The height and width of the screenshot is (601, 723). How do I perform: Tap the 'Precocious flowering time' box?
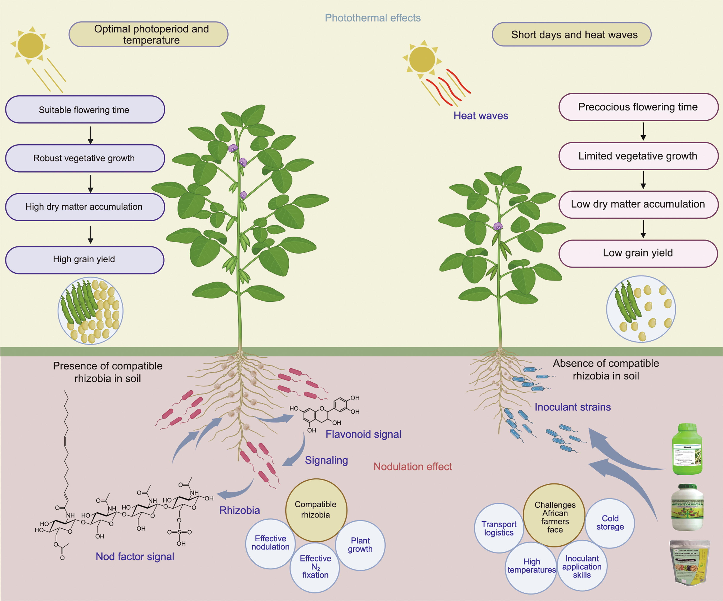click(x=638, y=107)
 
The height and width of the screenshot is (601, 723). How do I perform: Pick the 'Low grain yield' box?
click(x=638, y=253)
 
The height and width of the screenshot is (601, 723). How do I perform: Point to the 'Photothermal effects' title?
click(x=373, y=18)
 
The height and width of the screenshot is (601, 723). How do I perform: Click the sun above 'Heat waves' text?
click(x=422, y=59)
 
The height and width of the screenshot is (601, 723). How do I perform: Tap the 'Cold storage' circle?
click(x=610, y=523)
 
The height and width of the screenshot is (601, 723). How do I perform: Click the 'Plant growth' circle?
click(x=360, y=545)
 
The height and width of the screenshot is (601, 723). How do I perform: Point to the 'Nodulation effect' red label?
click(x=412, y=467)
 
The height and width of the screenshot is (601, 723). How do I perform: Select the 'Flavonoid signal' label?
click(x=363, y=434)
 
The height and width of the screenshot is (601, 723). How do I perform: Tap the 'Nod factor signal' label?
click(x=135, y=557)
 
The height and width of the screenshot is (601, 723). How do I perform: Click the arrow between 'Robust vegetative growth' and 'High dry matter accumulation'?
click(x=91, y=183)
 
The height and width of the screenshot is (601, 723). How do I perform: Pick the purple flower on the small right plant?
click(x=498, y=226)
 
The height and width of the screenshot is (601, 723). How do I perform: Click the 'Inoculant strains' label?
click(x=573, y=407)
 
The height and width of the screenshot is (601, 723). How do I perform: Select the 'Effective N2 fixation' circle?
click(x=315, y=567)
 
